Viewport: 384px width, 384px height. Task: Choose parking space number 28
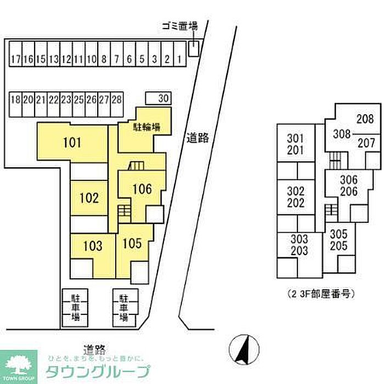click(x=116, y=100)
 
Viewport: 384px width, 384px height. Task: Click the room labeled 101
click(x=72, y=144)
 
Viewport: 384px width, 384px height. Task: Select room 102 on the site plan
click(x=88, y=198)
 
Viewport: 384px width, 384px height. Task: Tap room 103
click(x=92, y=246)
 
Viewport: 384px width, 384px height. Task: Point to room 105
click(x=133, y=242)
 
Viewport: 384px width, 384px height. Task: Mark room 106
click(x=142, y=189)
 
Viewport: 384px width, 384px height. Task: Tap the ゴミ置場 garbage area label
click(x=179, y=26)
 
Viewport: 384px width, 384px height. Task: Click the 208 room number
click(x=365, y=118)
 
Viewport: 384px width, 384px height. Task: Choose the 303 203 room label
click(x=300, y=245)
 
